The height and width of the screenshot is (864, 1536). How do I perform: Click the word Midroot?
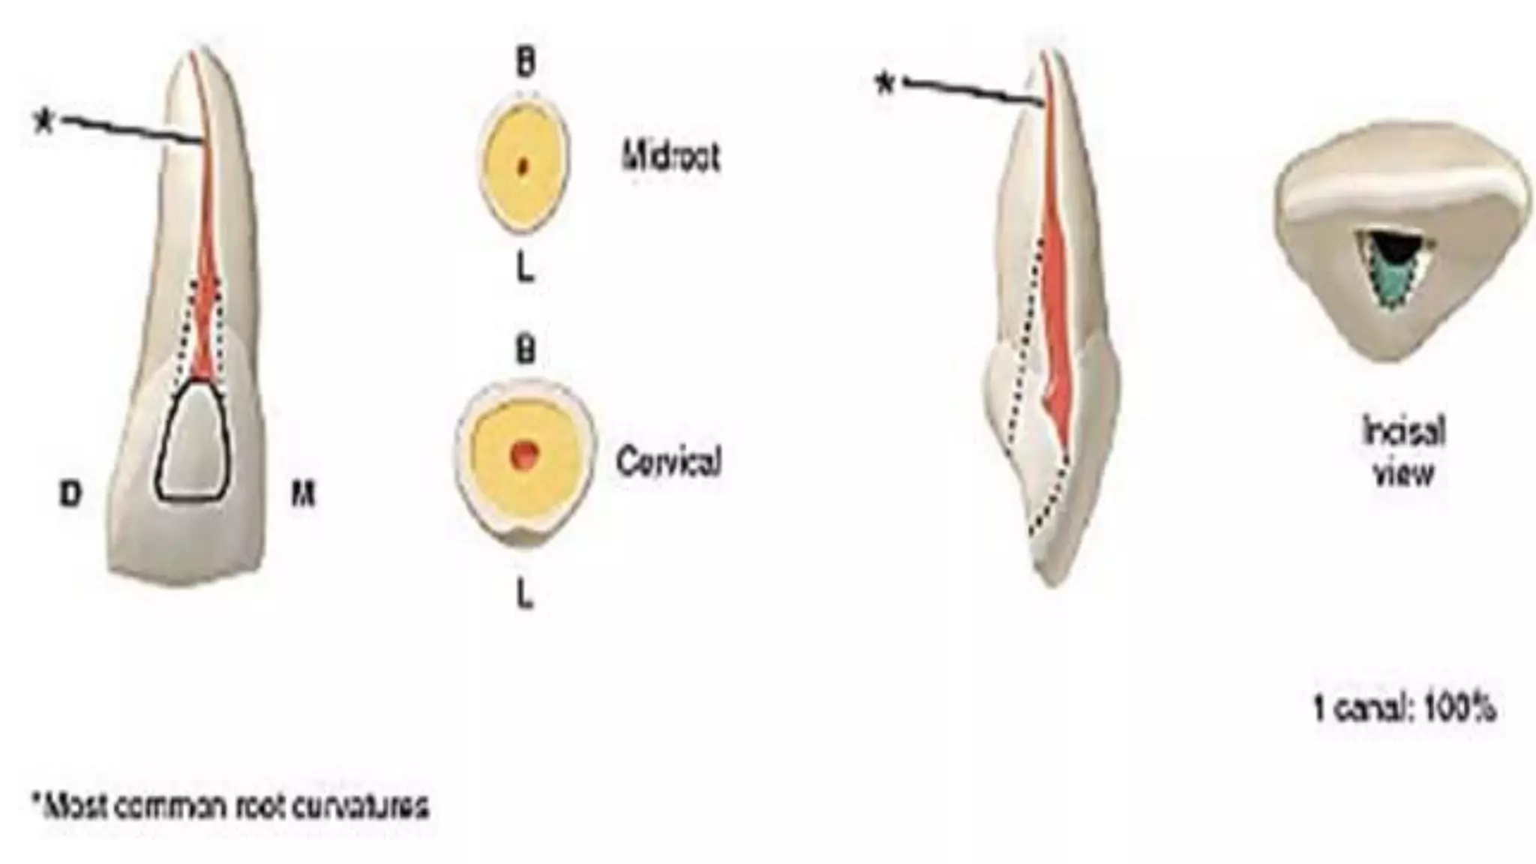pyautogui.click(x=670, y=157)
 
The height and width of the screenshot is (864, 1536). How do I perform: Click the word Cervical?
pyautogui.click(x=668, y=460)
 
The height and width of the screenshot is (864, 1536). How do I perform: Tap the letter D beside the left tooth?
pyautogui.click(x=70, y=494)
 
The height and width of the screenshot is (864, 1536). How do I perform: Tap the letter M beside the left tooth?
pyautogui.click(x=302, y=494)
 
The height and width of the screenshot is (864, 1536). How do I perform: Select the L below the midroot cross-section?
pyautogui.click(x=526, y=268)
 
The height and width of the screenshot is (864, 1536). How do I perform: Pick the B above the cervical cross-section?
pyautogui.click(x=526, y=349)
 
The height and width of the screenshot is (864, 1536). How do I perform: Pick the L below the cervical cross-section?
pyautogui.click(x=526, y=595)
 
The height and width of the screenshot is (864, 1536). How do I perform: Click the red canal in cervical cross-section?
pyautogui.click(x=524, y=453)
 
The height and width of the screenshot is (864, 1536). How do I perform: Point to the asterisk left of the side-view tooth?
pyautogui.click(x=886, y=84)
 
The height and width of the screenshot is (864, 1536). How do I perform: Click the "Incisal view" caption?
pyautogui.click(x=1402, y=452)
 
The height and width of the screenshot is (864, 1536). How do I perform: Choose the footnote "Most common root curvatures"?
pyautogui.click(x=231, y=808)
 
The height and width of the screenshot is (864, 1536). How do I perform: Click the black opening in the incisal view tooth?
pyautogui.click(x=1396, y=250)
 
